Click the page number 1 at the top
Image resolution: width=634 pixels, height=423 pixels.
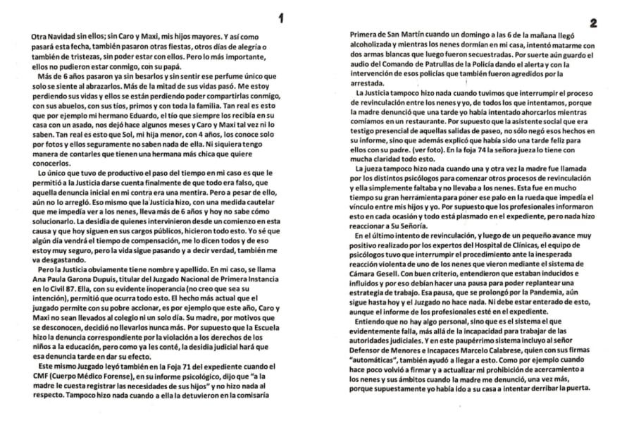coord(281,19)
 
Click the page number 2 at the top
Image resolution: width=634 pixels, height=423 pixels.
coord(593,23)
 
